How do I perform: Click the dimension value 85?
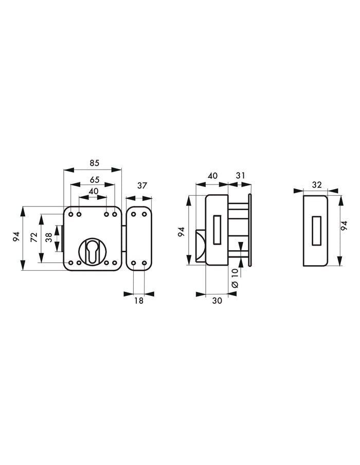point(94,163)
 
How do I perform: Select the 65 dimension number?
point(95,180)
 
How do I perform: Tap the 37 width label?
point(142,185)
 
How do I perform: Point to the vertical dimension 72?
point(34,237)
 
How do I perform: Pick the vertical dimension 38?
point(49,238)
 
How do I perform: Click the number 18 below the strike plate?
point(138,301)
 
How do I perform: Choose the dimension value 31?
point(240,176)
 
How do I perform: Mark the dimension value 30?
point(217,301)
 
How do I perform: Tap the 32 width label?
point(317,185)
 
